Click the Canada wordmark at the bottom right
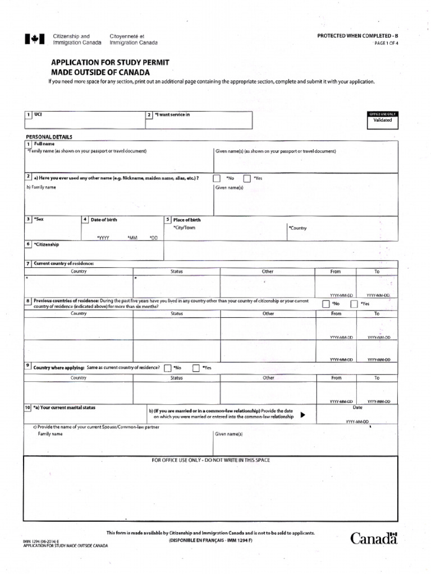point(374,538)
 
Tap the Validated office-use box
point(383,120)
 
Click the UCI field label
point(38,114)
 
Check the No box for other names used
point(217,178)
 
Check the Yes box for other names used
point(247,178)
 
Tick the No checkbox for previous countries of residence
point(326,304)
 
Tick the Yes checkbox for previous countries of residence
point(354,304)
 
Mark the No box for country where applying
point(167,368)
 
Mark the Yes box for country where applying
point(196,368)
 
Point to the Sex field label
point(39,219)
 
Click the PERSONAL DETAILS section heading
point(49,137)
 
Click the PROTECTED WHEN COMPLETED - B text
point(361,36)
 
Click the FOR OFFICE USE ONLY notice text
point(211,460)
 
